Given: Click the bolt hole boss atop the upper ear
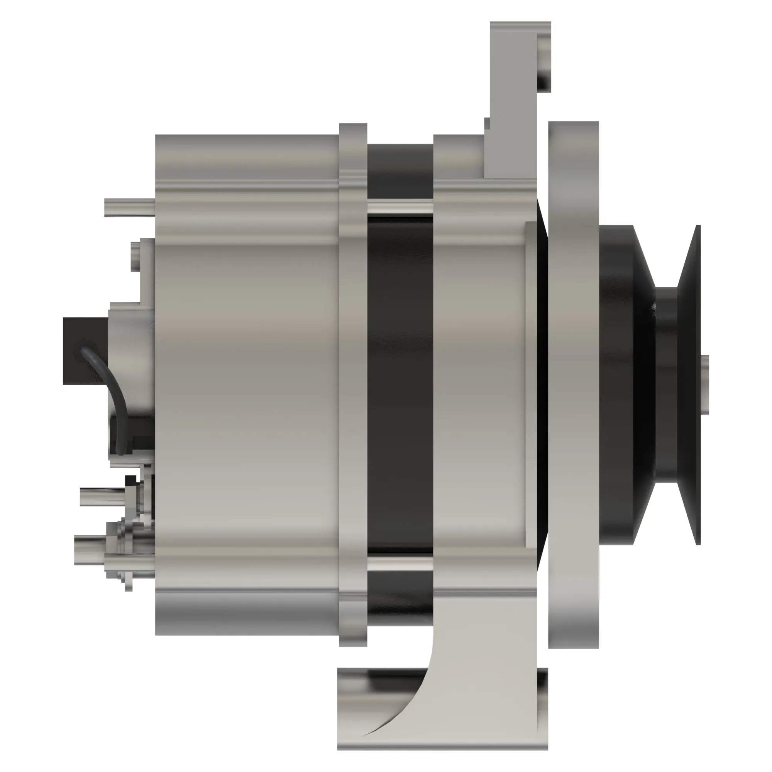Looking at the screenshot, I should click(543, 62).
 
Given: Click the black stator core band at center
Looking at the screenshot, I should click(400, 384).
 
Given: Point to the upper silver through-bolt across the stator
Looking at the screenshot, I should click(400, 208).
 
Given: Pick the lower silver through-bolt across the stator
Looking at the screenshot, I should click(400, 564).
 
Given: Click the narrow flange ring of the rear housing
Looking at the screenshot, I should click(353, 384).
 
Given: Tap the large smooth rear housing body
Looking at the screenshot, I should click(248, 384).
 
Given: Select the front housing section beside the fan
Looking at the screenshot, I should click(479, 384).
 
